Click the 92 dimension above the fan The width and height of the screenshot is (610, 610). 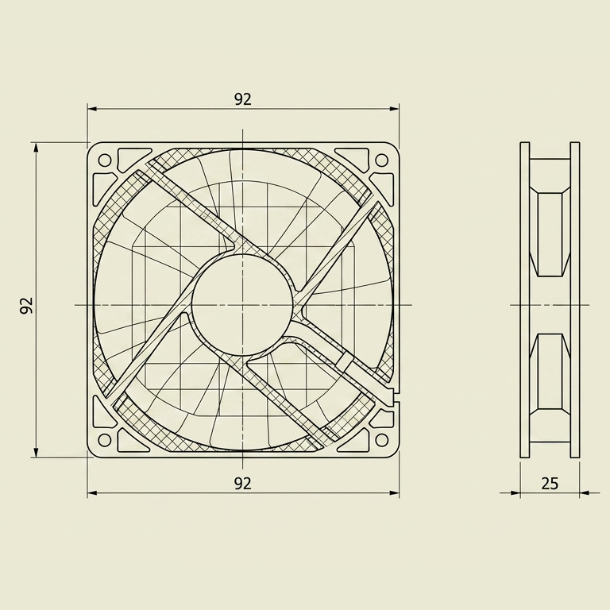click(x=243, y=99)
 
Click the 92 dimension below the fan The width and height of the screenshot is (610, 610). click(x=243, y=484)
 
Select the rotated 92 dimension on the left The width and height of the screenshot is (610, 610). click(x=26, y=305)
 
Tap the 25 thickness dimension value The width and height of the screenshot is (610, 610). click(x=550, y=484)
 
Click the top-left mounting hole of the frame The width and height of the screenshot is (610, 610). click(x=105, y=160)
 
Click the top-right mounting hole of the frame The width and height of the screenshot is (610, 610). click(x=381, y=160)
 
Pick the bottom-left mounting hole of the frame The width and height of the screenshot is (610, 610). click(x=105, y=439)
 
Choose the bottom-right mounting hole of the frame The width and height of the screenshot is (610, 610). click(x=381, y=439)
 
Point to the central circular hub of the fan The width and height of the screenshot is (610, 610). click(x=242, y=305)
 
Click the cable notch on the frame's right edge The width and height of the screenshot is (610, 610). click(x=396, y=396)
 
